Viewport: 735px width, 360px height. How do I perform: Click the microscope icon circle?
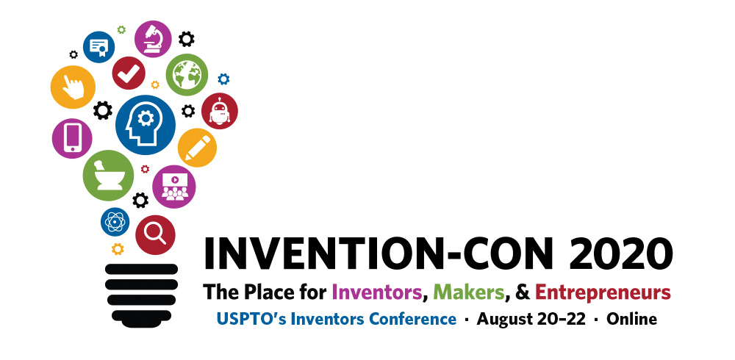click(153, 39)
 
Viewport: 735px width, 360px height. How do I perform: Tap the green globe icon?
click(187, 75)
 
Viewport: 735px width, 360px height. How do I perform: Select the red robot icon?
click(219, 111)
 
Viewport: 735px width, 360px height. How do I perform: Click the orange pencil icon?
click(197, 148)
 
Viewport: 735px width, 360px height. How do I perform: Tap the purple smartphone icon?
click(72, 137)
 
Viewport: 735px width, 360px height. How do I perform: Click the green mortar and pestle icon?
click(108, 176)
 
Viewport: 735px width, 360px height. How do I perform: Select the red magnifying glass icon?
click(155, 234)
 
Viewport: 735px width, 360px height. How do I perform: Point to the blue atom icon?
click(115, 221)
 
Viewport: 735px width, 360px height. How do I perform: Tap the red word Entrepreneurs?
click(603, 292)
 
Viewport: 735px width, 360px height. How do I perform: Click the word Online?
click(631, 319)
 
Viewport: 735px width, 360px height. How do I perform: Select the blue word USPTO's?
click(241, 319)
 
